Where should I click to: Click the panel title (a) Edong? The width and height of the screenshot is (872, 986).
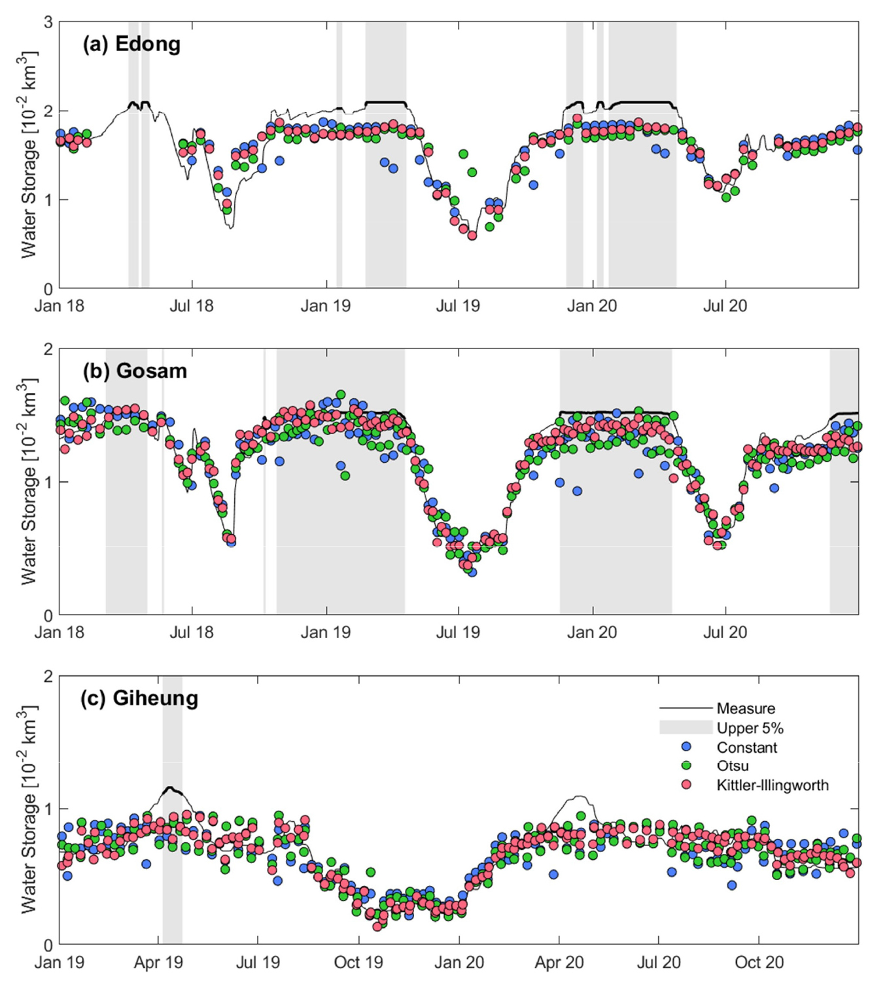(131, 44)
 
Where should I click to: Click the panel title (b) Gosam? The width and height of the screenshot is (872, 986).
(134, 371)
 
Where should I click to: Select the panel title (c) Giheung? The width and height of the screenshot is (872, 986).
(139, 698)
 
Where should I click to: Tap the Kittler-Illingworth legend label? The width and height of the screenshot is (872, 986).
(772, 785)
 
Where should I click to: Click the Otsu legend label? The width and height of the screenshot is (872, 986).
(733, 766)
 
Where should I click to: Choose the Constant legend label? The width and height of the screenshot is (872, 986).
(746, 747)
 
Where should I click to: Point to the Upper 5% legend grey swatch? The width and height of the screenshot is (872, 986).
(686, 728)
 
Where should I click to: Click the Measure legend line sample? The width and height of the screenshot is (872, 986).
(686, 708)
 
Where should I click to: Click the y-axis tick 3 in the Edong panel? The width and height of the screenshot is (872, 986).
(48, 22)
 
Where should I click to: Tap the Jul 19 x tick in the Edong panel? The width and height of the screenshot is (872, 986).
(458, 306)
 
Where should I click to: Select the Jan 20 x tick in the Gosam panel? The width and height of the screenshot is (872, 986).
(592, 632)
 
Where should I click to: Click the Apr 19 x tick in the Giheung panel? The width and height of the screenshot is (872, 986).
(158, 962)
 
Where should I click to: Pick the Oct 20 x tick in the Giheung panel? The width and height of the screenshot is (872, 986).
(759, 962)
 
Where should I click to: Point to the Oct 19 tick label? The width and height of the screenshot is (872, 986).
(358, 962)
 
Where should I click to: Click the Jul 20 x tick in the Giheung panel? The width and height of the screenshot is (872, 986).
(658, 962)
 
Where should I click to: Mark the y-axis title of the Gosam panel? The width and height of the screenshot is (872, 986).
(28, 481)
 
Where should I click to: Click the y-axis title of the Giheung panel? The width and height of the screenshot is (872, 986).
(28, 809)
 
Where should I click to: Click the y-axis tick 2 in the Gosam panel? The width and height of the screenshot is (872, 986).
(48, 349)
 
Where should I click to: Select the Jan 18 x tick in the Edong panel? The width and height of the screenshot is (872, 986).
(60, 306)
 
